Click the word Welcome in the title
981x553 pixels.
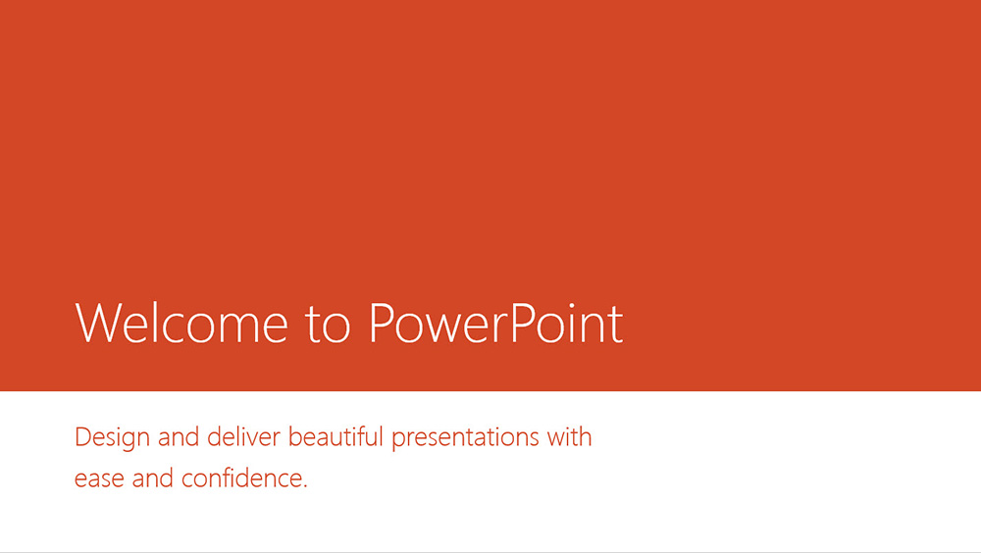(181, 323)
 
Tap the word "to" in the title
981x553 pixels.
(328, 325)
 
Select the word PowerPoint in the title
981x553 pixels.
(496, 323)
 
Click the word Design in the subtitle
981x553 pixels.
(112, 438)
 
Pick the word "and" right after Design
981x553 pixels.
(179, 436)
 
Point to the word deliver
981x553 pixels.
(243, 436)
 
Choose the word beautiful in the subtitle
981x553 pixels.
(336, 436)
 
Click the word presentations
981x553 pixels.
(465, 438)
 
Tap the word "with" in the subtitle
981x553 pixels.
(569, 436)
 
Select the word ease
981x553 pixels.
(99, 479)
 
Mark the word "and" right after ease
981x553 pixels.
(153, 478)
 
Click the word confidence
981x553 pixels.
(241, 478)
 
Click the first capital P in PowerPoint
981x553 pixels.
(382, 323)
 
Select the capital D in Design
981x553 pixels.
(83, 436)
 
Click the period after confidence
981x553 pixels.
(305, 486)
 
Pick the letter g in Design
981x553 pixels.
(129, 442)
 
